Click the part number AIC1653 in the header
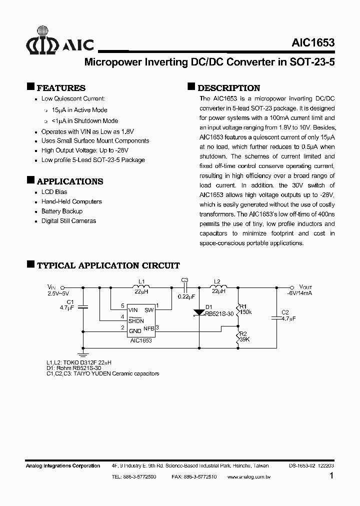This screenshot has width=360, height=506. click(312, 43)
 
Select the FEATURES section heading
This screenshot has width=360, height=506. click(61, 87)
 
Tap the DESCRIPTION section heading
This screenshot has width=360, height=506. click(229, 87)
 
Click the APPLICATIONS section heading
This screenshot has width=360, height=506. click(70, 181)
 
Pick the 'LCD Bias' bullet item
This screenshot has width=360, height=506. click(54, 192)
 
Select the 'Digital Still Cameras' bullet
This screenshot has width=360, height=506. click(68, 220)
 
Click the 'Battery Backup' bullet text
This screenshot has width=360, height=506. click(62, 211)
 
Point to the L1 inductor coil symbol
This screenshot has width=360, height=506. click(141, 287)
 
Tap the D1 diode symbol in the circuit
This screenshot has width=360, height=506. click(199, 313)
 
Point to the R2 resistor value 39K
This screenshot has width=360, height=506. click(244, 339)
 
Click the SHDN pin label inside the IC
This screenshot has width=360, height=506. click(136, 320)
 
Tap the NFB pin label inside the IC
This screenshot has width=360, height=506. click(148, 328)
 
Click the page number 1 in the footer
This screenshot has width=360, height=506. click(331, 476)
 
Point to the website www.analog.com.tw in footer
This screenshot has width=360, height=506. click(248, 477)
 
